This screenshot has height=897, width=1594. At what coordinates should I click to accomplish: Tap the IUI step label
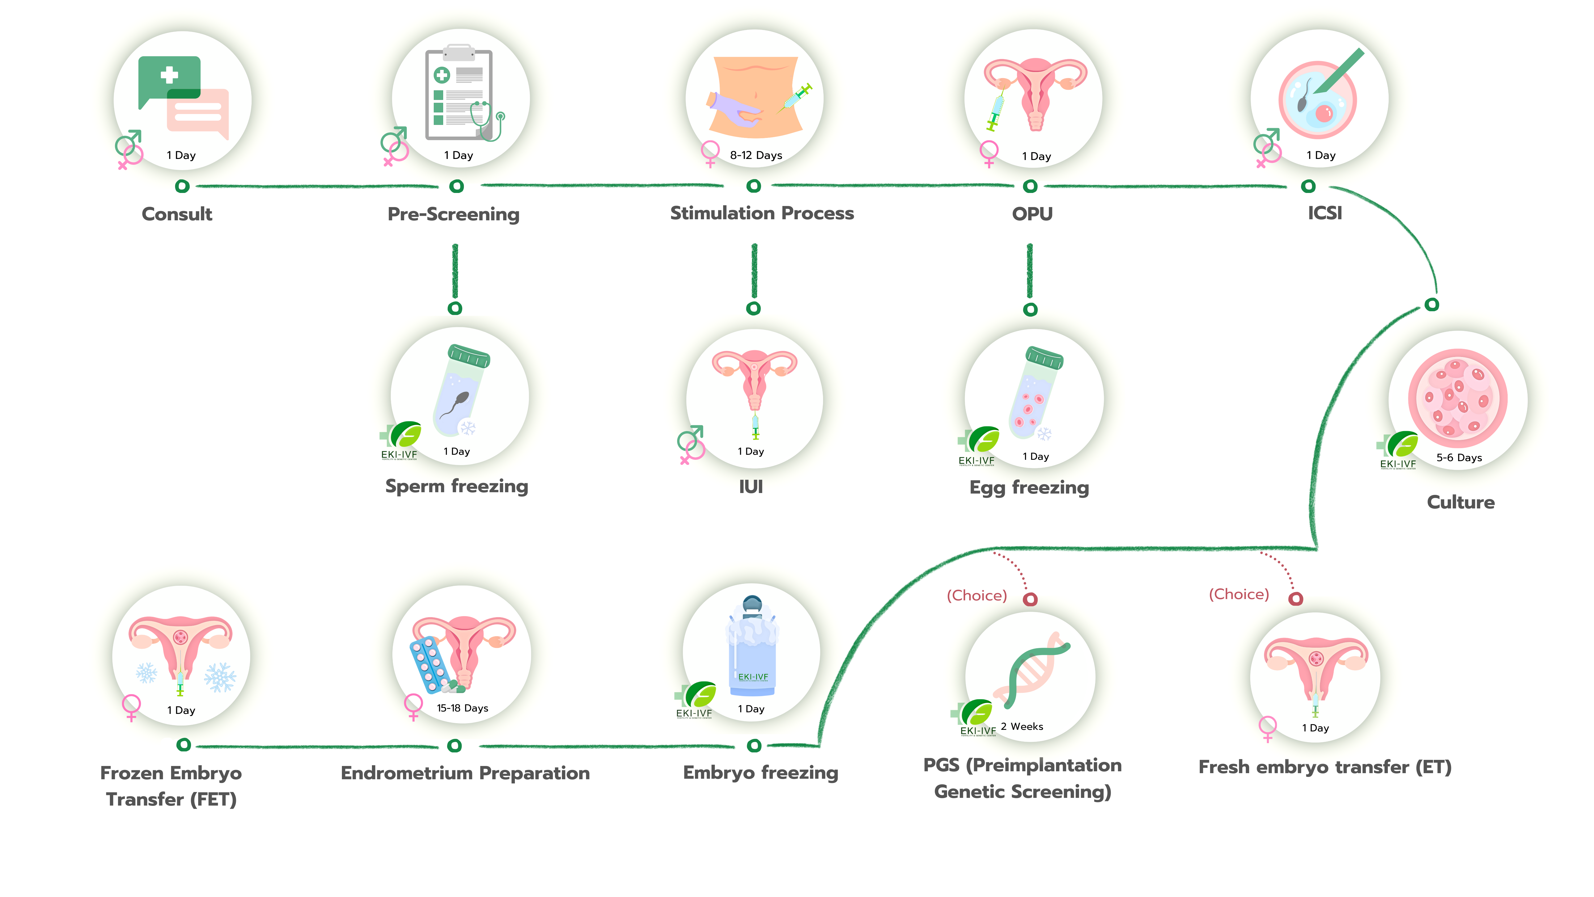click(x=751, y=487)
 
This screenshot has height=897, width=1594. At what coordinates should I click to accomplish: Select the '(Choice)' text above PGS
click(x=976, y=596)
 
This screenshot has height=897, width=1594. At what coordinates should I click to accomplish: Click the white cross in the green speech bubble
click(x=169, y=75)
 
